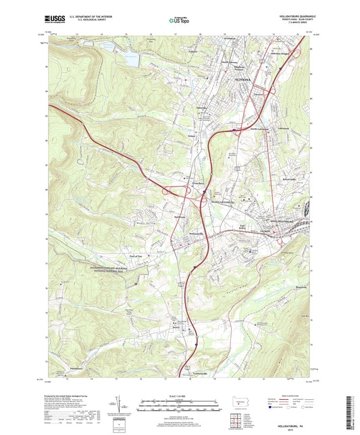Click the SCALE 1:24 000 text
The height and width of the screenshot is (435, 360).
point(180,396)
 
